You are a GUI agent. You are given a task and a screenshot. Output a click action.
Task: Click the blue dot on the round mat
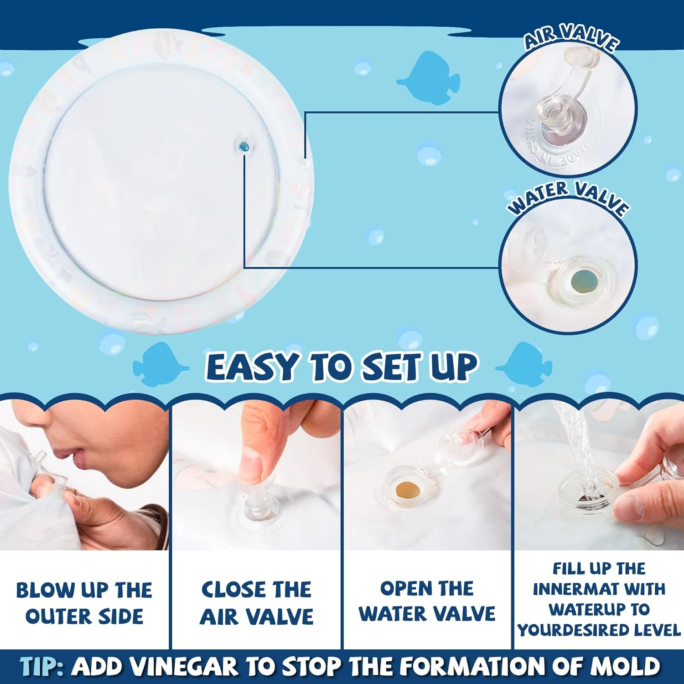pyautogui.click(x=244, y=147)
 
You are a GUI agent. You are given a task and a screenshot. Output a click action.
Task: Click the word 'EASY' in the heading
pyautogui.click(x=252, y=367)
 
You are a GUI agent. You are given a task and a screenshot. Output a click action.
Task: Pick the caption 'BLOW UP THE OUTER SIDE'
pyautogui.click(x=84, y=603)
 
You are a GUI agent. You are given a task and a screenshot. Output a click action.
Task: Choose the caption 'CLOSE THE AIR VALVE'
pyautogui.click(x=256, y=603)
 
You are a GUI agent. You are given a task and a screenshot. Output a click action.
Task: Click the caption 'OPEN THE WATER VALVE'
pyautogui.click(x=427, y=601)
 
